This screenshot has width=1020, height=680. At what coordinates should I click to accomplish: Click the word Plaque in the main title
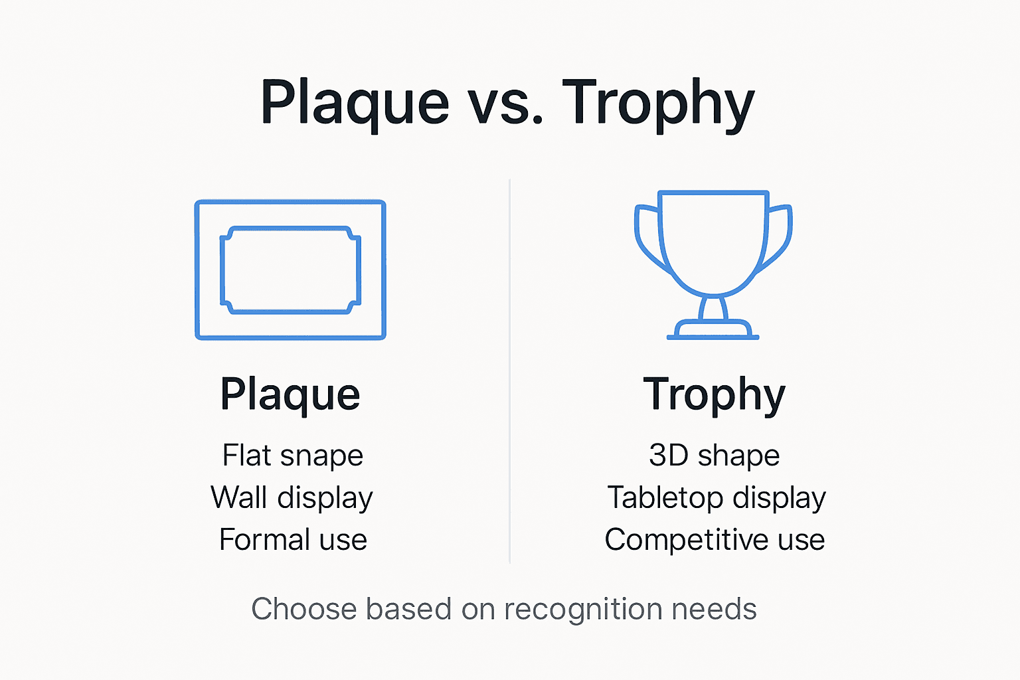point(355,103)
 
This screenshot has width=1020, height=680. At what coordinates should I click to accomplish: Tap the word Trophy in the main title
point(658,103)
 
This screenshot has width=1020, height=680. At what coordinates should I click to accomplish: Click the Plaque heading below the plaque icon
point(290,394)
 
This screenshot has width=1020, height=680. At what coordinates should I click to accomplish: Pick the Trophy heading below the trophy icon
point(714,394)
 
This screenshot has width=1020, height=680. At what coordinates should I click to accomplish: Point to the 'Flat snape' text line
point(293,456)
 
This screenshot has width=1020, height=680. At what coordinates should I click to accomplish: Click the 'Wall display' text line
point(292,498)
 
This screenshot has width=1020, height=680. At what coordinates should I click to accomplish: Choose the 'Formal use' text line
point(293,540)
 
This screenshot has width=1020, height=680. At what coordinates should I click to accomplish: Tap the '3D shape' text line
point(714,456)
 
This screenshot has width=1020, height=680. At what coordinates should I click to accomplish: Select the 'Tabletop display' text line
point(716,498)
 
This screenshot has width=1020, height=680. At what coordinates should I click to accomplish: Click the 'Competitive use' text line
point(715,540)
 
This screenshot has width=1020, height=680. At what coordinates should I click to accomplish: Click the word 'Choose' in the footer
point(304,609)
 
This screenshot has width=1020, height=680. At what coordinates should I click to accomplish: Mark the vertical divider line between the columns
point(509,372)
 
